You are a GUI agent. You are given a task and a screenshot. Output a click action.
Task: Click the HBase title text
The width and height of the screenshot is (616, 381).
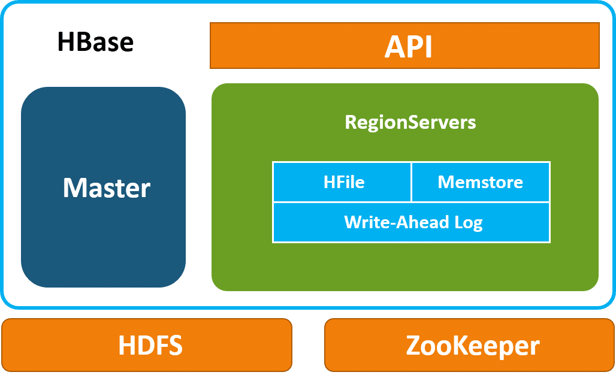click(95, 42)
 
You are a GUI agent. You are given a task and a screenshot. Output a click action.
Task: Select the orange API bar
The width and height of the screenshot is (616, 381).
click(404, 46)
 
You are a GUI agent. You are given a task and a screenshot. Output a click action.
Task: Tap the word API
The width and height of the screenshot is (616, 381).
click(408, 47)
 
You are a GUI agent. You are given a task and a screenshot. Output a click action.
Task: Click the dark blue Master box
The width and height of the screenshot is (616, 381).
click(103, 187)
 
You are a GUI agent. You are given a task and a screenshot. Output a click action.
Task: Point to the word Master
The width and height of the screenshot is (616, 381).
click(107, 188)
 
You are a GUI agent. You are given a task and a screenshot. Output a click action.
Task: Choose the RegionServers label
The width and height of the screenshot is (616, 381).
click(410, 122)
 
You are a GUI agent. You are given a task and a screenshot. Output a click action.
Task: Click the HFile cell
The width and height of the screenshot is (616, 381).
click(342, 182)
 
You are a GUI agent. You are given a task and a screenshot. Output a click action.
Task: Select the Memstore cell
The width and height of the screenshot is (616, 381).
click(481, 182)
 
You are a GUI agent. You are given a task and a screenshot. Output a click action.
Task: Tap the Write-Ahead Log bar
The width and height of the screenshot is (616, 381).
click(411, 222)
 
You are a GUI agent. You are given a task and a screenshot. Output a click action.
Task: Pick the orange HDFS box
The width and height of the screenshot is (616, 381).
click(147, 345)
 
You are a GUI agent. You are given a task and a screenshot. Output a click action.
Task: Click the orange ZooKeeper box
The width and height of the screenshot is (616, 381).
click(469, 345)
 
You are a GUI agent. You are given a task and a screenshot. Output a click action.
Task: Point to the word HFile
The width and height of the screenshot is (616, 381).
click(344, 182)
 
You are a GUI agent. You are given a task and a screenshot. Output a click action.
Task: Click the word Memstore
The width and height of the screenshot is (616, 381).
click(480, 182)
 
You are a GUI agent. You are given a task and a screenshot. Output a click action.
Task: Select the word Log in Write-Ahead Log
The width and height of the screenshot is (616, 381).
click(468, 223)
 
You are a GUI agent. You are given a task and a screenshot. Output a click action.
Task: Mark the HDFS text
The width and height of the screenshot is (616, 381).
click(150, 345)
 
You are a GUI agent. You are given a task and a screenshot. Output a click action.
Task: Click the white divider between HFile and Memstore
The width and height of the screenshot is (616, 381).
click(411, 182)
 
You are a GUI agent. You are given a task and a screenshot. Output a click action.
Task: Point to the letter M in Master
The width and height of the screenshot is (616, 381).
click(76, 188)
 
